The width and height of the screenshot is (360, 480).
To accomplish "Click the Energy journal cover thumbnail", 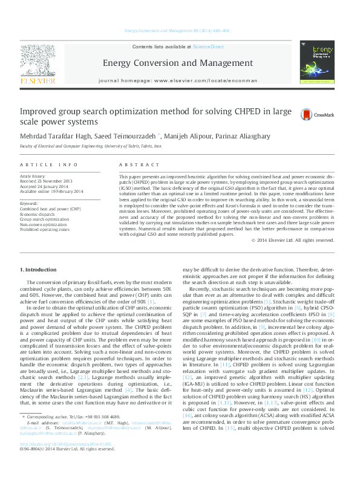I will [317, 62].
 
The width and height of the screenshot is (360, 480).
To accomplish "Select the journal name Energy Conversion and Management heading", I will [178, 63].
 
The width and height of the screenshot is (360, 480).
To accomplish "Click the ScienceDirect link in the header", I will [208, 47].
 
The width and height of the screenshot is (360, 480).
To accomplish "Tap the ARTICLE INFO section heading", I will [49, 164].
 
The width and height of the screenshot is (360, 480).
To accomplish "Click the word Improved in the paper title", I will [41, 112].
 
